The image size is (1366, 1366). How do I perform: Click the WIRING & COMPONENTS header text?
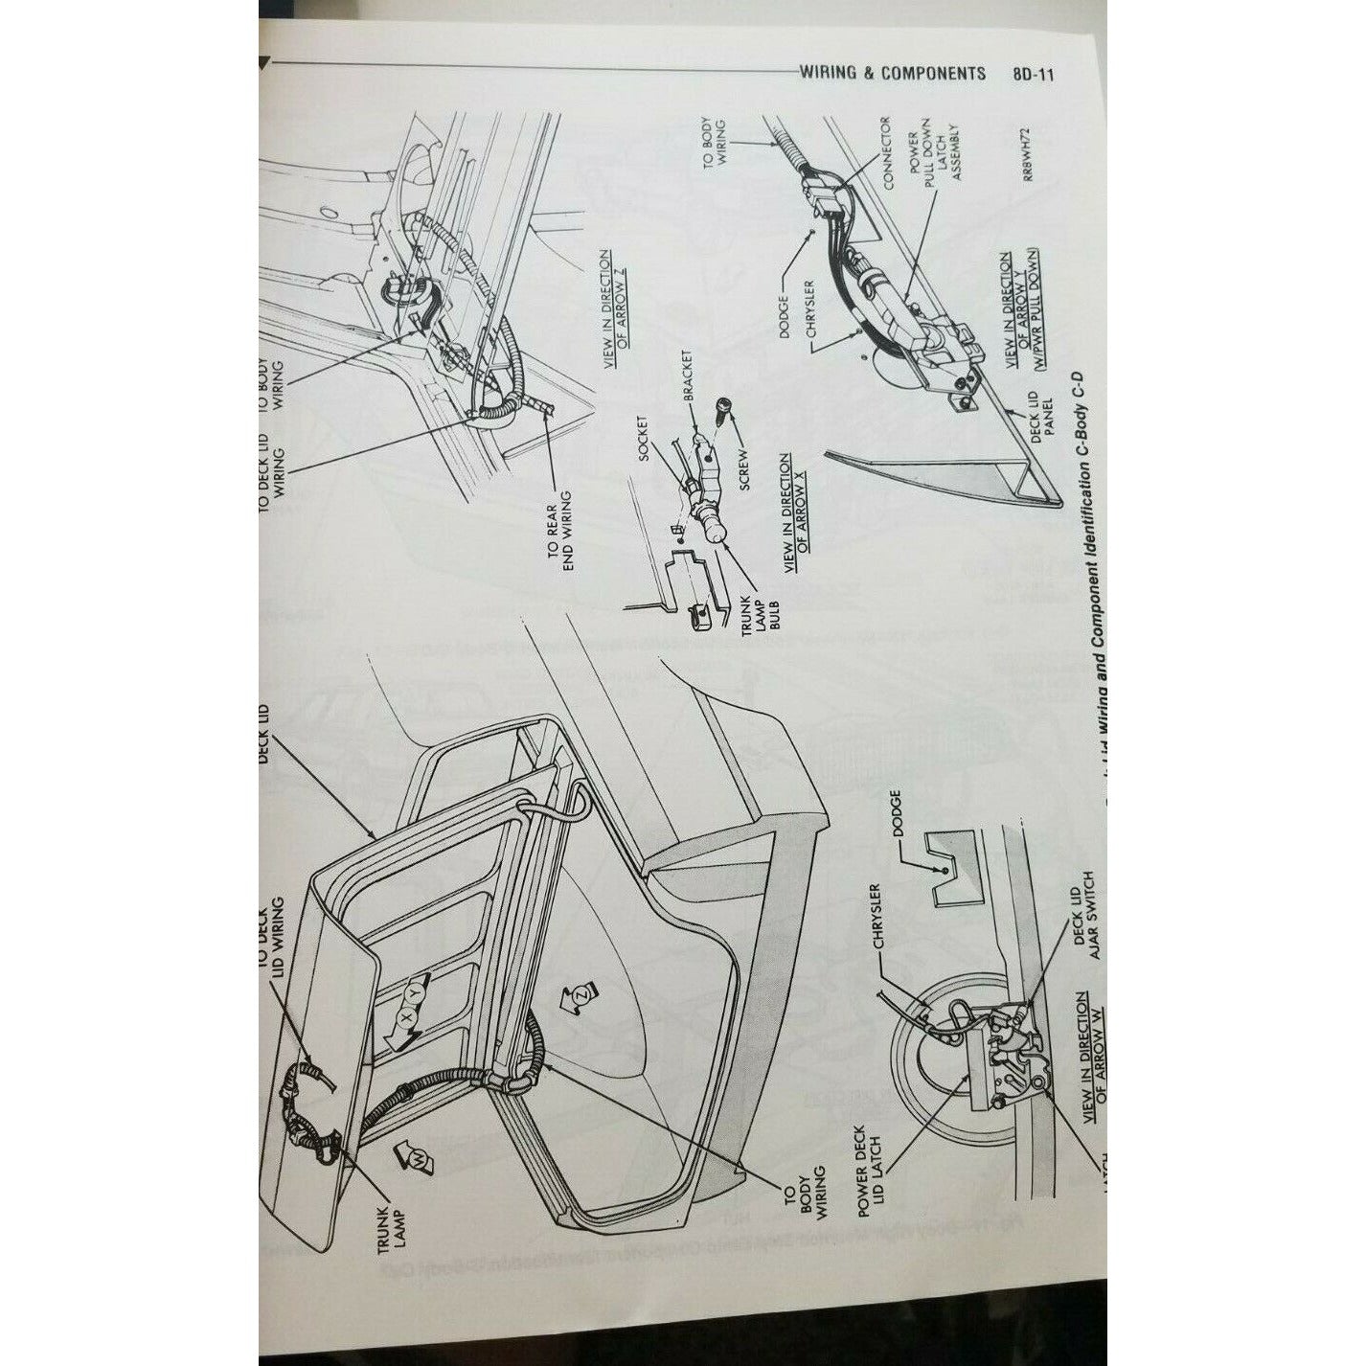point(892,74)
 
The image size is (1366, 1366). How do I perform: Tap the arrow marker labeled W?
point(418,1158)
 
